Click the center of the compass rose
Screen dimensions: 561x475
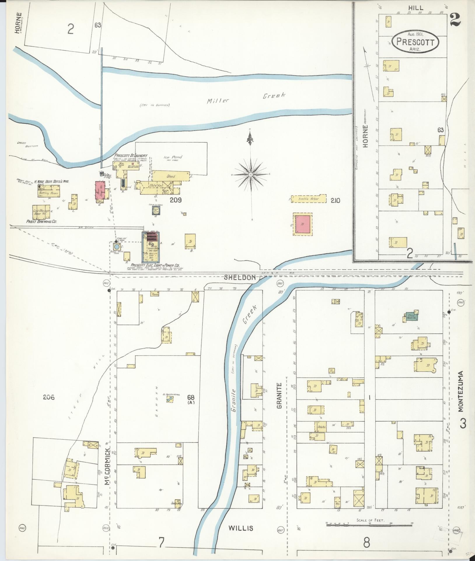tap(251, 174)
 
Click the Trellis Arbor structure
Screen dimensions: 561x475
tap(308, 199)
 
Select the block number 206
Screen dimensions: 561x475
tap(49, 397)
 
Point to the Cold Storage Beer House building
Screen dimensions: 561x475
tap(41, 212)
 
